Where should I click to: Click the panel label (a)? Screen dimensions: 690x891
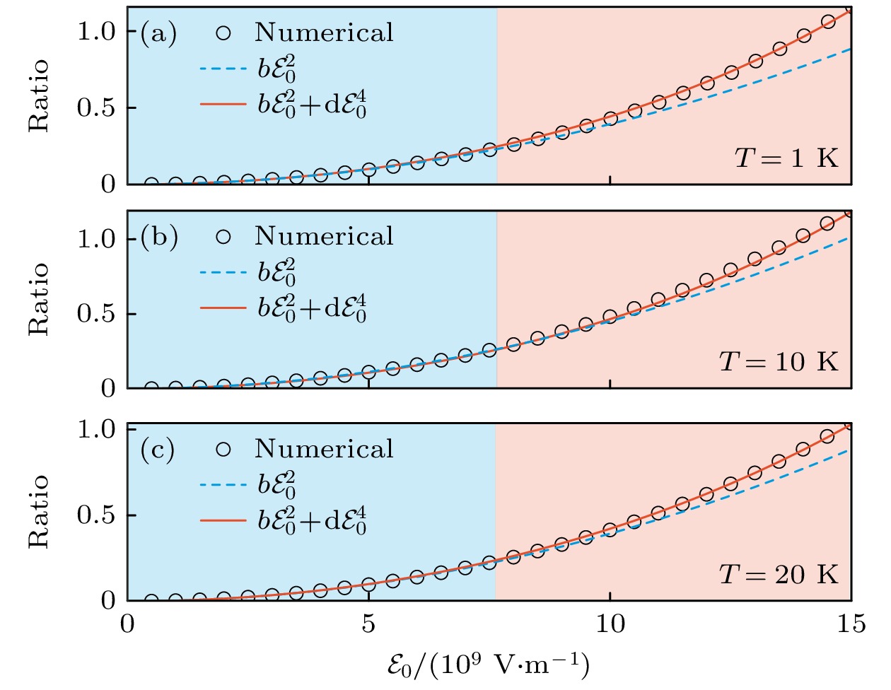[x=158, y=33]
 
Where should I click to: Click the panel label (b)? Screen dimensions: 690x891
[x=158, y=237]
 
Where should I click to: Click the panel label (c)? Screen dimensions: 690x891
[x=158, y=450]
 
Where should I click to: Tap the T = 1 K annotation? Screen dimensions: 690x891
[x=786, y=157]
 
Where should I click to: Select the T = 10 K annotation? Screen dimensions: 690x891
[x=779, y=361]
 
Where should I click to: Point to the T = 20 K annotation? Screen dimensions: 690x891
[x=779, y=574]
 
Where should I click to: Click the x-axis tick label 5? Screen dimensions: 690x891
[x=368, y=624]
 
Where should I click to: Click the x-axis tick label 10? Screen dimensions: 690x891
[x=610, y=624]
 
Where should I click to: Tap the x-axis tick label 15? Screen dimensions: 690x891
[x=850, y=624]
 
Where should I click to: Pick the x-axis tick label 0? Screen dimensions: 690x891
[x=127, y=624]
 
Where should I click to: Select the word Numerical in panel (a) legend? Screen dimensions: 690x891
[x=324, y=33]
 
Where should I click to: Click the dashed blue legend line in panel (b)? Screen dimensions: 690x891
[x=222, y=271]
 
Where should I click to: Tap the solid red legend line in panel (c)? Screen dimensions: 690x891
[x=222, y=520]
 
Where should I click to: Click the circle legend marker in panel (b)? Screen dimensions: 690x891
[x=223, y=237]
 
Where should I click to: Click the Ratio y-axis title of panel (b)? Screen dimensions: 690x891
[x=40, y=298]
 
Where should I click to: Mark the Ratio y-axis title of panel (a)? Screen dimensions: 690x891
[x=40, y=95]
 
